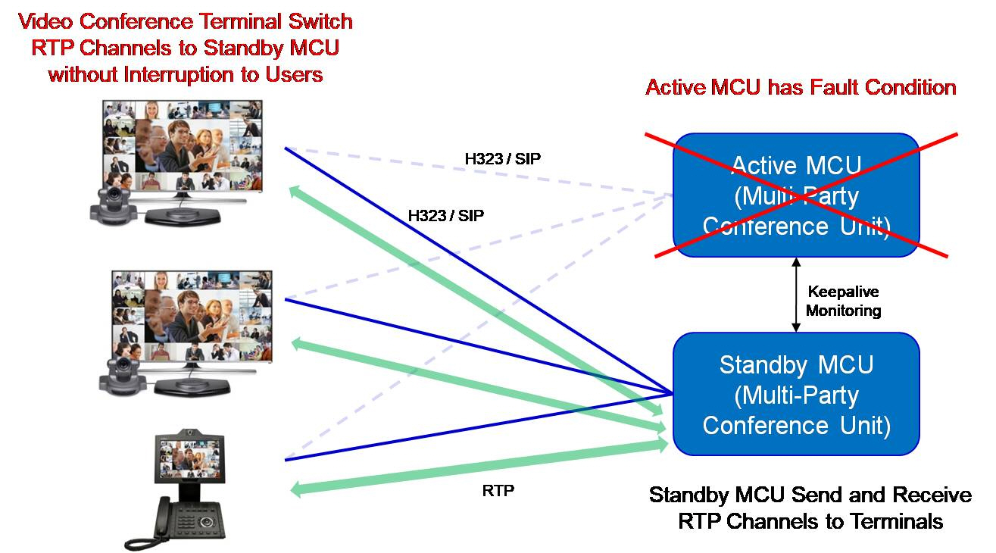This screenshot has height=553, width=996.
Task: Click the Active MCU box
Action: click(x=796, y=195)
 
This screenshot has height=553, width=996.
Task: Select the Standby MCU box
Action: click(x=796, y=394)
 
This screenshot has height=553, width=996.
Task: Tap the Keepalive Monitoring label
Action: click(x=843, y=301)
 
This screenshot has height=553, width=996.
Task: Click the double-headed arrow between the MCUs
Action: click(x=796, y=295)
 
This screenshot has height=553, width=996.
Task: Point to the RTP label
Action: click(x=498, y=490)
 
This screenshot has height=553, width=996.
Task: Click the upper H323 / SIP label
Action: click(x=502, y=158)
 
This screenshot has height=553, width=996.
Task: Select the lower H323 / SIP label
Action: click(x=445, y=215)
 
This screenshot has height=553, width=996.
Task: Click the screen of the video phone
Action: click(x=189, y=458)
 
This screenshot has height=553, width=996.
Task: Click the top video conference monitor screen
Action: click(x=183, y=146)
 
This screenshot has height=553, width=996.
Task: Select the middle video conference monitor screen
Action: click(x=192, y=316)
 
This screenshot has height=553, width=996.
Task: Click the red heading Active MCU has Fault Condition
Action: click(x=801, y=87)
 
